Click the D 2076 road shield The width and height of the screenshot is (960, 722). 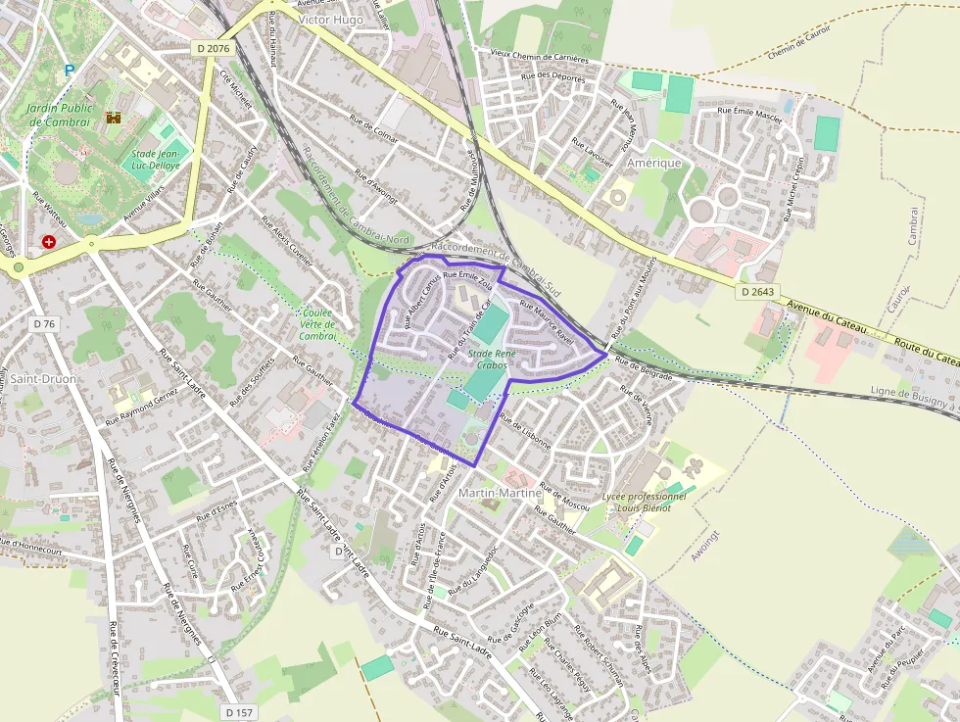(212, 47)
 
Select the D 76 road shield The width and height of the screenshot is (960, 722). (44, 323)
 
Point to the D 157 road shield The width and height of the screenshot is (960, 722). (239, 711)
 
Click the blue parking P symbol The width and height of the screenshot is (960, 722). (69, 71)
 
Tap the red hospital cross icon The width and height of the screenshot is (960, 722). (48, 241)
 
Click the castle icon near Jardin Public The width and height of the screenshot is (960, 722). (113, 119)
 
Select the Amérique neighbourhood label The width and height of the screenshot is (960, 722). (653, 163)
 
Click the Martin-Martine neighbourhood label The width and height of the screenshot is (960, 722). (500, 493)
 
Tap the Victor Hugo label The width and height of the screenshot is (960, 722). (330, 20)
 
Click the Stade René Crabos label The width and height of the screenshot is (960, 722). (492, 359)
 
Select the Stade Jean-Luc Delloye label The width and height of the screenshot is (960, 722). (156, 160)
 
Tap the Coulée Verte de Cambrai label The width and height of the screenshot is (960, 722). (317, 324)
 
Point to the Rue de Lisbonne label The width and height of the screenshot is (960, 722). (526, 431)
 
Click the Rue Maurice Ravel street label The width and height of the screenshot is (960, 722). (547, 320)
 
